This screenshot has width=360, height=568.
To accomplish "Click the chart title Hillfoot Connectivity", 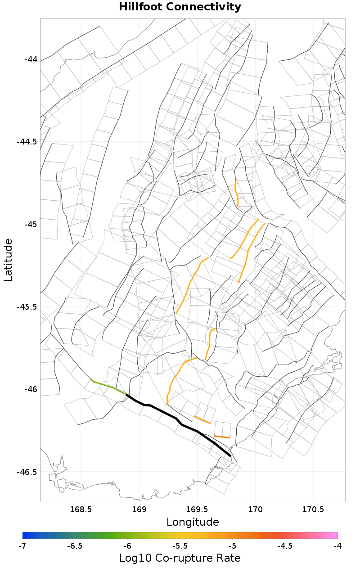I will tap(180, 7).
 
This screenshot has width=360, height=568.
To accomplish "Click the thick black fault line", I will tap(175, 418).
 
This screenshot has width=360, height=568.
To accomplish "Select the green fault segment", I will tap(108, 387).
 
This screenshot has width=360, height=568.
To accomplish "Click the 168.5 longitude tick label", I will tap(81, 509).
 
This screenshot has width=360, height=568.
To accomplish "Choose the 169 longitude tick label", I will tap(139, 509).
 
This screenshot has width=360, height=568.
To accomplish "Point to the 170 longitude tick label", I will tap(256, 509).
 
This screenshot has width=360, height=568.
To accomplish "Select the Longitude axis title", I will tap(193, 522).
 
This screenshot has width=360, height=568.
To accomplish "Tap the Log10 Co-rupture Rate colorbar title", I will tap(180, 558).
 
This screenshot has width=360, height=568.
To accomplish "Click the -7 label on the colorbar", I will tap(22, 545).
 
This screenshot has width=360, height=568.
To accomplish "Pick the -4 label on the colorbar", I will tap(337, 545).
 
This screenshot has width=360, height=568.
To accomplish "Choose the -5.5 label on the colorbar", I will tap(180, 545).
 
